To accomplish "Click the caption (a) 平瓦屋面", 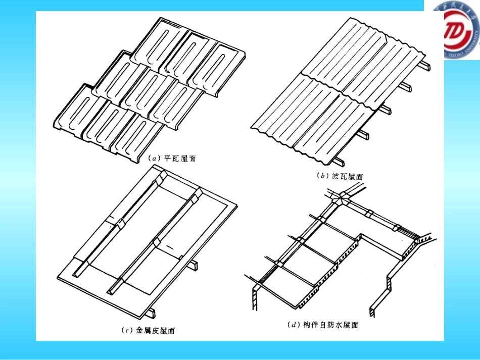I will (x=171, y=159).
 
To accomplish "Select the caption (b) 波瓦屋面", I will (x=340, y=176).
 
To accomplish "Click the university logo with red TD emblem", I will (x=461, y=36).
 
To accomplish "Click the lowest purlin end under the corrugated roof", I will (x=339, y=161).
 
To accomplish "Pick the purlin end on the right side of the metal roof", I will (x=194, y=266).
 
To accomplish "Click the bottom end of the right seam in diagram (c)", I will (x=111, y=292).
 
